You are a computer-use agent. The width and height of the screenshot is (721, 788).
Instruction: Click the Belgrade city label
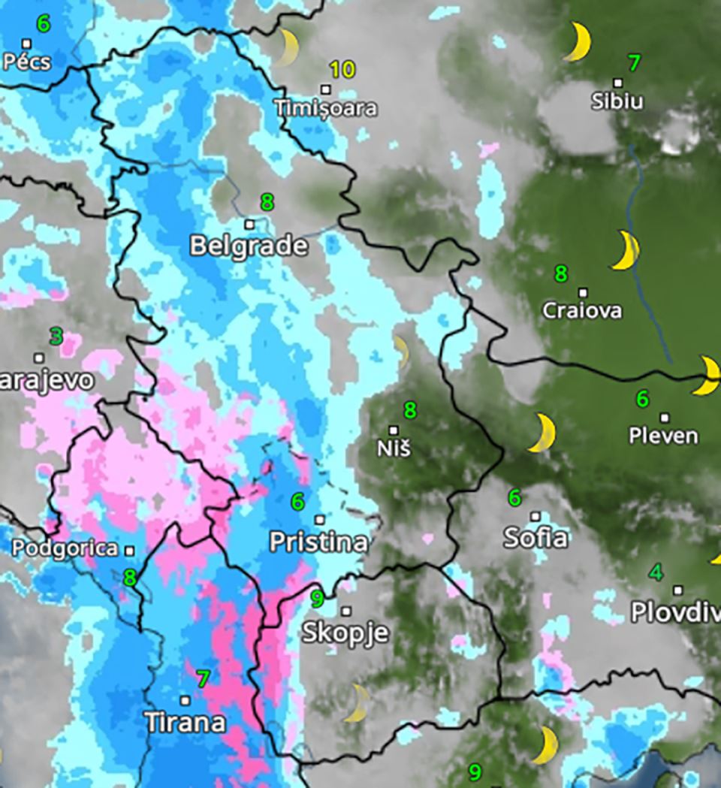tap(249, 246)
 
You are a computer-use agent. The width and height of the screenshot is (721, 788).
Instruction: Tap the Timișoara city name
tap(325, 108)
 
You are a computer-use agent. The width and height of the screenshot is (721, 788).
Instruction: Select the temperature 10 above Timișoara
tap(342, 71)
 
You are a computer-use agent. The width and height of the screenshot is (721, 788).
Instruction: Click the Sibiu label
tap(617, 101)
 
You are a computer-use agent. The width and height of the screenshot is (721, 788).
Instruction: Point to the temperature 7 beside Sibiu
tap(634, 63)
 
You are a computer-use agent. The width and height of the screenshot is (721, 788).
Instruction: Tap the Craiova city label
tap(582, 310)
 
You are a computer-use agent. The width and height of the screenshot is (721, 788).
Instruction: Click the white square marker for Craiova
tap(583, 292)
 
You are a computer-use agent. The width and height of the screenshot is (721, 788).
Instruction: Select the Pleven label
tap(663, 436)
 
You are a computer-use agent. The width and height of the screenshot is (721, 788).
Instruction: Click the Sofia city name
tap(535, 538)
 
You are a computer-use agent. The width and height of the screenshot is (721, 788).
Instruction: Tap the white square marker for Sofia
tap(535, 516)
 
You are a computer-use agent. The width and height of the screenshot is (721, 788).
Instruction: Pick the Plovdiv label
tap(675, 612)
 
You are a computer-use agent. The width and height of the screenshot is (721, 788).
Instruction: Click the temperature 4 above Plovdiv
tap(656, 573)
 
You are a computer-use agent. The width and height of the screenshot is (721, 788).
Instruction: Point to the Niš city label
tap(394, 450)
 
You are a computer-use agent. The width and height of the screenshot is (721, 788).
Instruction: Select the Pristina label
tap(318, 542)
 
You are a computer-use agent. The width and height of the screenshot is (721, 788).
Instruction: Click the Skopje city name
tap(345, 633)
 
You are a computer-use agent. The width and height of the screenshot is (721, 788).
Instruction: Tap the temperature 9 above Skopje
tap(317, 599)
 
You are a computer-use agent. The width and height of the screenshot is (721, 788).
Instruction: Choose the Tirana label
tap(185, 723)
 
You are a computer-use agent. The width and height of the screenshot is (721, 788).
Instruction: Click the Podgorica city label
tap(65, 549)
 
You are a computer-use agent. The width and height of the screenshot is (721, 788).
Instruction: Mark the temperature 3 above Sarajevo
tap(56, 336)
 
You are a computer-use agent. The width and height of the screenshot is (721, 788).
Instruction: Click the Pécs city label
tap(26, 62)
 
